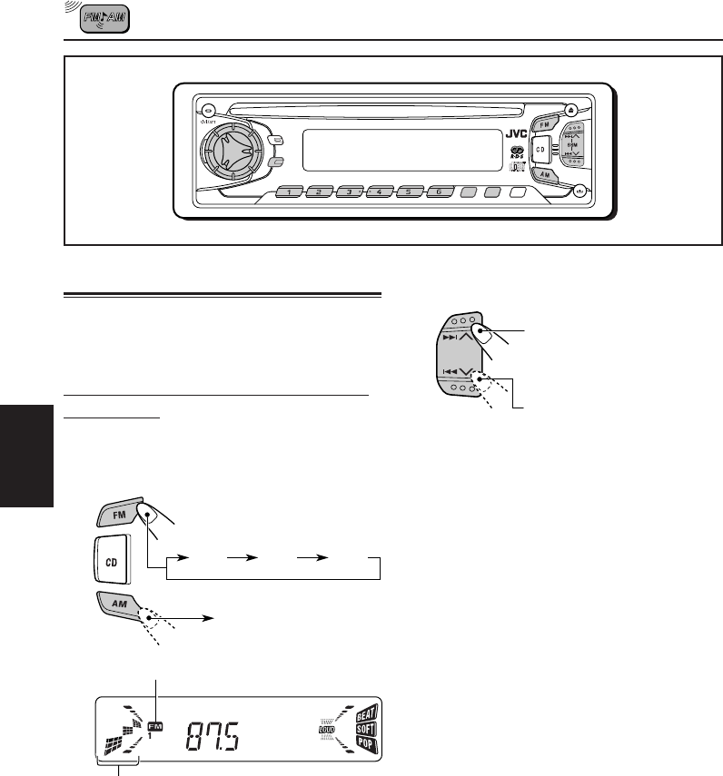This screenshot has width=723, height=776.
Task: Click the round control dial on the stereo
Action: pyautogui.click(x=229, y=150)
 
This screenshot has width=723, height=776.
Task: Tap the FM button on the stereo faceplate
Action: pyautogui.click(x=545, y=123)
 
